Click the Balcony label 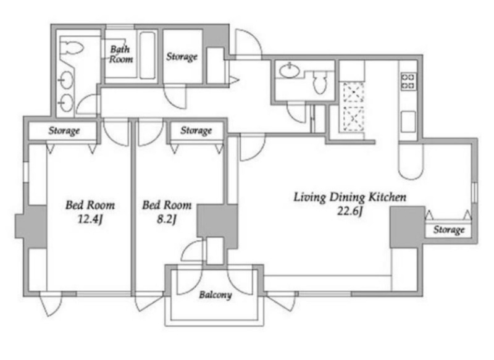216,295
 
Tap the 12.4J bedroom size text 90,219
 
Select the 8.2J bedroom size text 166,219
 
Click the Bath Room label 120,54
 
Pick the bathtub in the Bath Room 147,55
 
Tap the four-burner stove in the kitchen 408,82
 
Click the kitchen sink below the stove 408,122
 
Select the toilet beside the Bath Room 72,48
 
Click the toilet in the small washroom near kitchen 320,83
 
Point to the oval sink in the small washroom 290,70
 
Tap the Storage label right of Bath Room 182,57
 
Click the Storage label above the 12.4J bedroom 64,131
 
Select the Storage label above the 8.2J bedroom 196,131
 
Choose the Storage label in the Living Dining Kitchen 449,230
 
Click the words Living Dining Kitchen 350,197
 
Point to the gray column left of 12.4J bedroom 31,227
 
